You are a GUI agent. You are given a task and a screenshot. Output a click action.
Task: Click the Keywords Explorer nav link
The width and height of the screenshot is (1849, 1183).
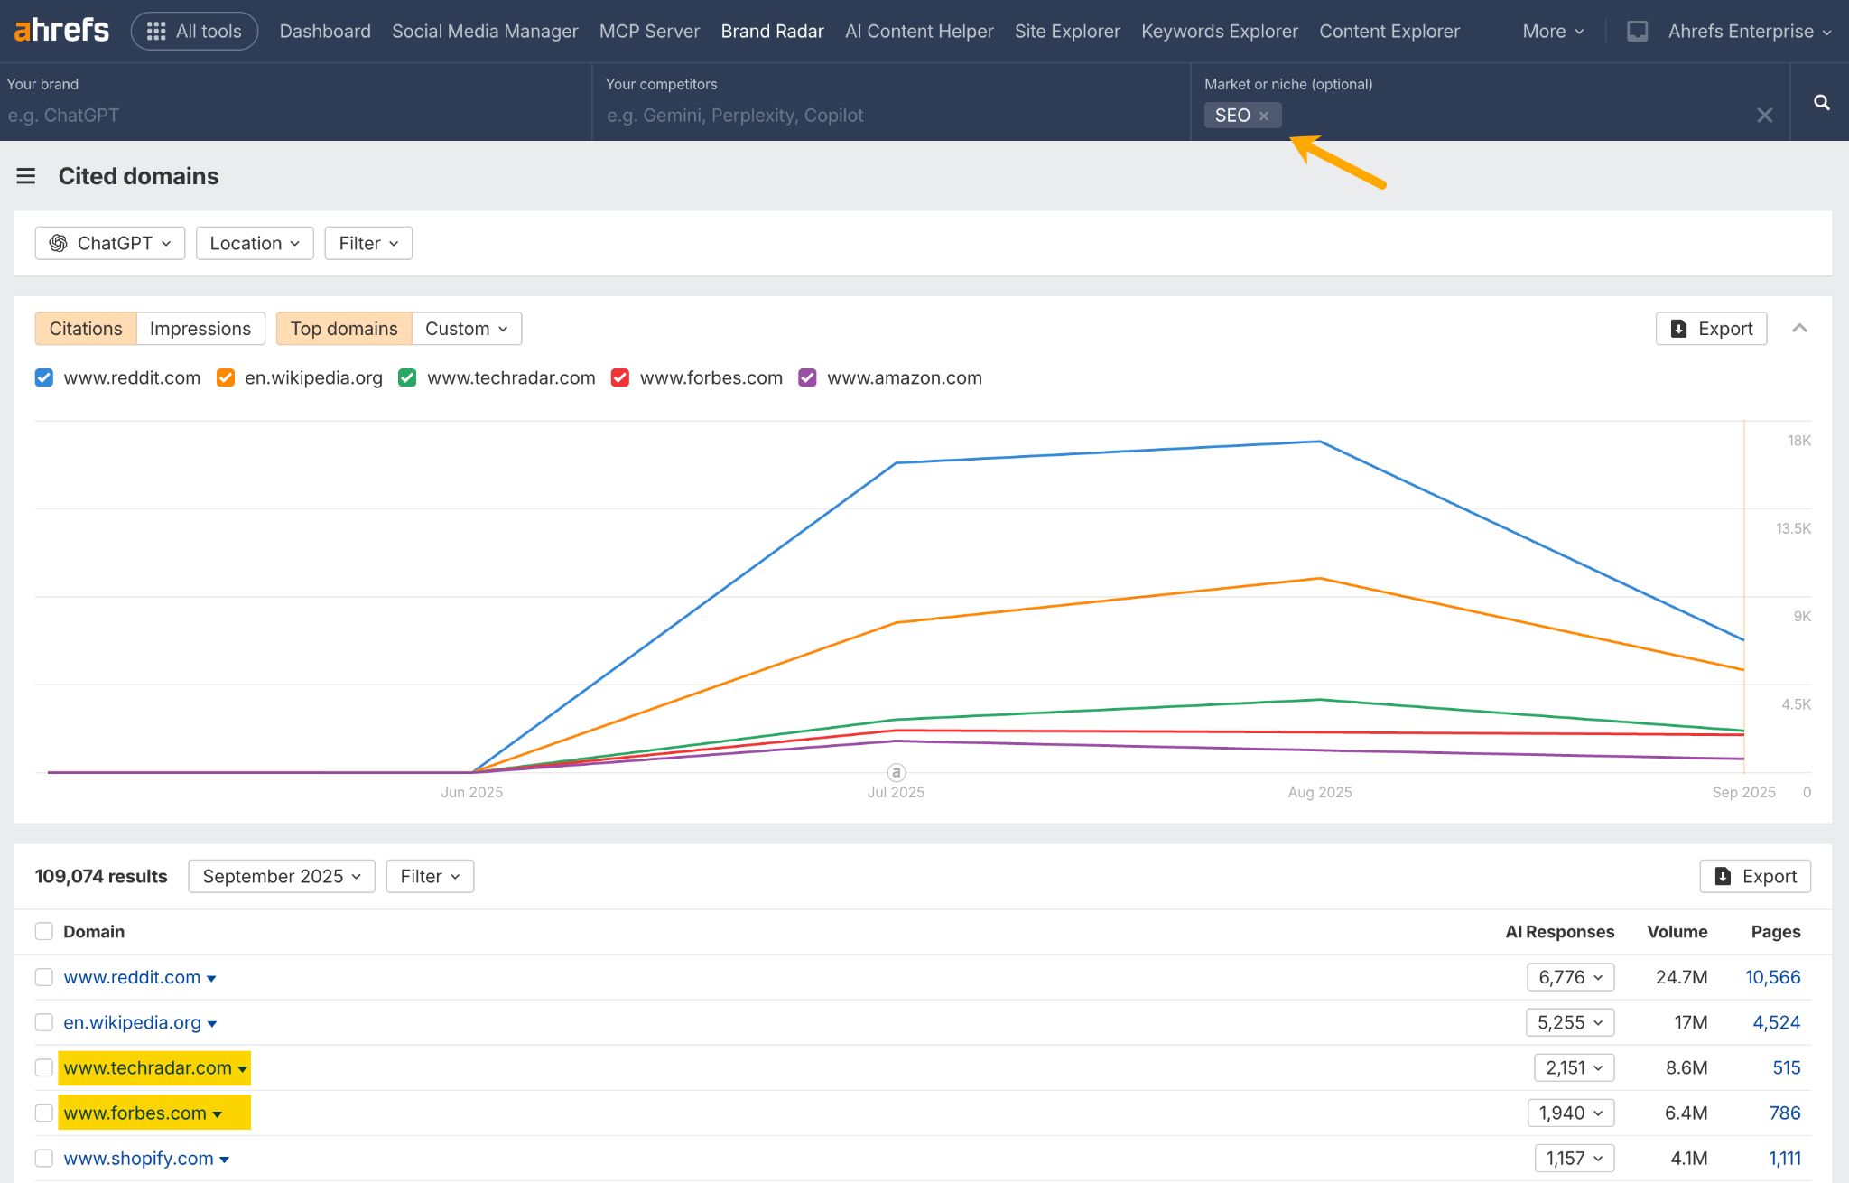point(1219,31)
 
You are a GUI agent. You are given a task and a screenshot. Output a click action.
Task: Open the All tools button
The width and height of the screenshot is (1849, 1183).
point(194,31)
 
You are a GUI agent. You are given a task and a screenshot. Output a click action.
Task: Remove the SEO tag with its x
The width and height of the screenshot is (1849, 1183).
point(1264,116)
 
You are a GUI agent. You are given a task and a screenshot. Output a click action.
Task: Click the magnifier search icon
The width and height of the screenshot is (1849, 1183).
point(1821,102)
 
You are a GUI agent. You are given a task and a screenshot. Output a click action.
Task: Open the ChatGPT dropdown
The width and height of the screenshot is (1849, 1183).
point(110,243)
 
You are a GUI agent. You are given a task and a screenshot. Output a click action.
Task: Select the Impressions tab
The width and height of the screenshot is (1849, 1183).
point(200,329)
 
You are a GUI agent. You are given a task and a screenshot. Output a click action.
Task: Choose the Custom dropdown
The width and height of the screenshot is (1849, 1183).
point(466,329)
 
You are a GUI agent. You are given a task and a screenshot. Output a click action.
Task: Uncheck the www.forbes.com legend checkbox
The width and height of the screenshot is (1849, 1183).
point(620,377)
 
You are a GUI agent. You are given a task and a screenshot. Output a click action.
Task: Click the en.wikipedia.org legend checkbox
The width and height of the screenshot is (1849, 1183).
point(226,377)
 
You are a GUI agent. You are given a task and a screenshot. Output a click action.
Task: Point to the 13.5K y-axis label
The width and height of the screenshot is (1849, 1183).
point(1792,528)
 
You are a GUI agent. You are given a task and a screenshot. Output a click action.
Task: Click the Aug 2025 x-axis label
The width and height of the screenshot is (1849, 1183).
point(1319,792)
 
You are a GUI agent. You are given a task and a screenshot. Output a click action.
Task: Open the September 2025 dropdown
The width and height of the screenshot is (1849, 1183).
point(281,876)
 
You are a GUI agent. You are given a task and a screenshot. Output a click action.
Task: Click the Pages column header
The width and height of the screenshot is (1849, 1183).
point(1775,931)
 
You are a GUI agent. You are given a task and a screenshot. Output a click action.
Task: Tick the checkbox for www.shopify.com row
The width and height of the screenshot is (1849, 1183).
point(43,1158)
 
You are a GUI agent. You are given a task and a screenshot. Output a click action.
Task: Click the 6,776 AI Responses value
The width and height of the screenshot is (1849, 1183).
point(1570,977)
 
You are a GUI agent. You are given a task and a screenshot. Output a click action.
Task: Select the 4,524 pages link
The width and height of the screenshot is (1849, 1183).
point(1775,1022)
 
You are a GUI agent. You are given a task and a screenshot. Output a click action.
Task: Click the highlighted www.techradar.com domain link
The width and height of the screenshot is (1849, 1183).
point(147,1067)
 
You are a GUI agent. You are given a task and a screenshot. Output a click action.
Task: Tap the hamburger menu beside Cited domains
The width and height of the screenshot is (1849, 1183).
point(26,176)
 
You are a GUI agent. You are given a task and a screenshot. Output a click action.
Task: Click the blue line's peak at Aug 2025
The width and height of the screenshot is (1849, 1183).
point(1320,442)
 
